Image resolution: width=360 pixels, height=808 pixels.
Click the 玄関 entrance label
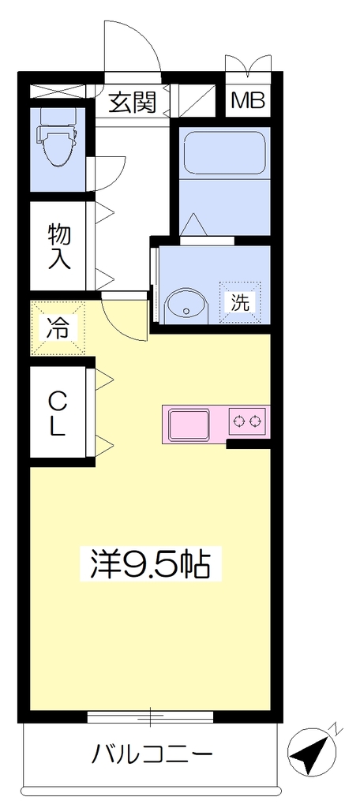[x=132, y=103]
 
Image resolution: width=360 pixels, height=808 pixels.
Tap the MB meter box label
[x=248, y=101]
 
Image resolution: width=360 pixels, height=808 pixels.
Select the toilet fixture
[x=57, y=140]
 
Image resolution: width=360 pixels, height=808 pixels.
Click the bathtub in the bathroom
[x=224, y=154]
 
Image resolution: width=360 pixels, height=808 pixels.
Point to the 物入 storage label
[x=58, y=246]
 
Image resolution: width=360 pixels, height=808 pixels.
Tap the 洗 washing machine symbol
[x=240, y=301]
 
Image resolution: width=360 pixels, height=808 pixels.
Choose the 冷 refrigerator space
[x=57, y=329]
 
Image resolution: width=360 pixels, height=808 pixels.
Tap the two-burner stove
[x=247, y=421]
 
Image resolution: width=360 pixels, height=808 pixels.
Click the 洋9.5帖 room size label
[x=150, y=563]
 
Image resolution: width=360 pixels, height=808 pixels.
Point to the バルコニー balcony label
[x=152, y=755]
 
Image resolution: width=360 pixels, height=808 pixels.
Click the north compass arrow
[x=311, y=754]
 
